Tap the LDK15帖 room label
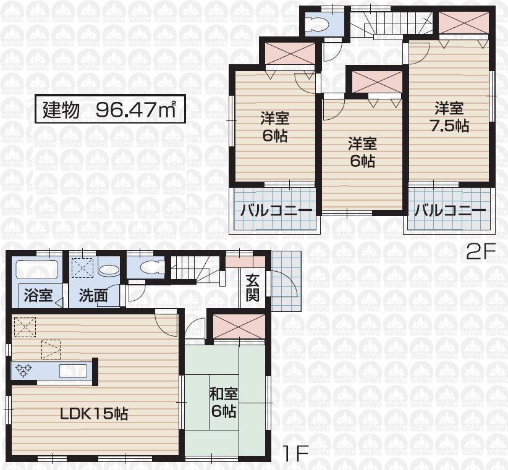pyautogui.click(x=93, y=413)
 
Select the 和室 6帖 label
pyautogui.click(x=224, y=402)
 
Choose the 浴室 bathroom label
pyautogui.click(x=38, y=295)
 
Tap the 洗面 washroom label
pyautogui.click(x=93, y=295)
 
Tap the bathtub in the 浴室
pyautogui.click(x=36, y=271)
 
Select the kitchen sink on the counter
pyautogui.click(x=73, y=371)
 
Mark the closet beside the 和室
pyautogui.click(x=239, y=326)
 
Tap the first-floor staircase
pyautogui.click(x=195, y=269)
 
